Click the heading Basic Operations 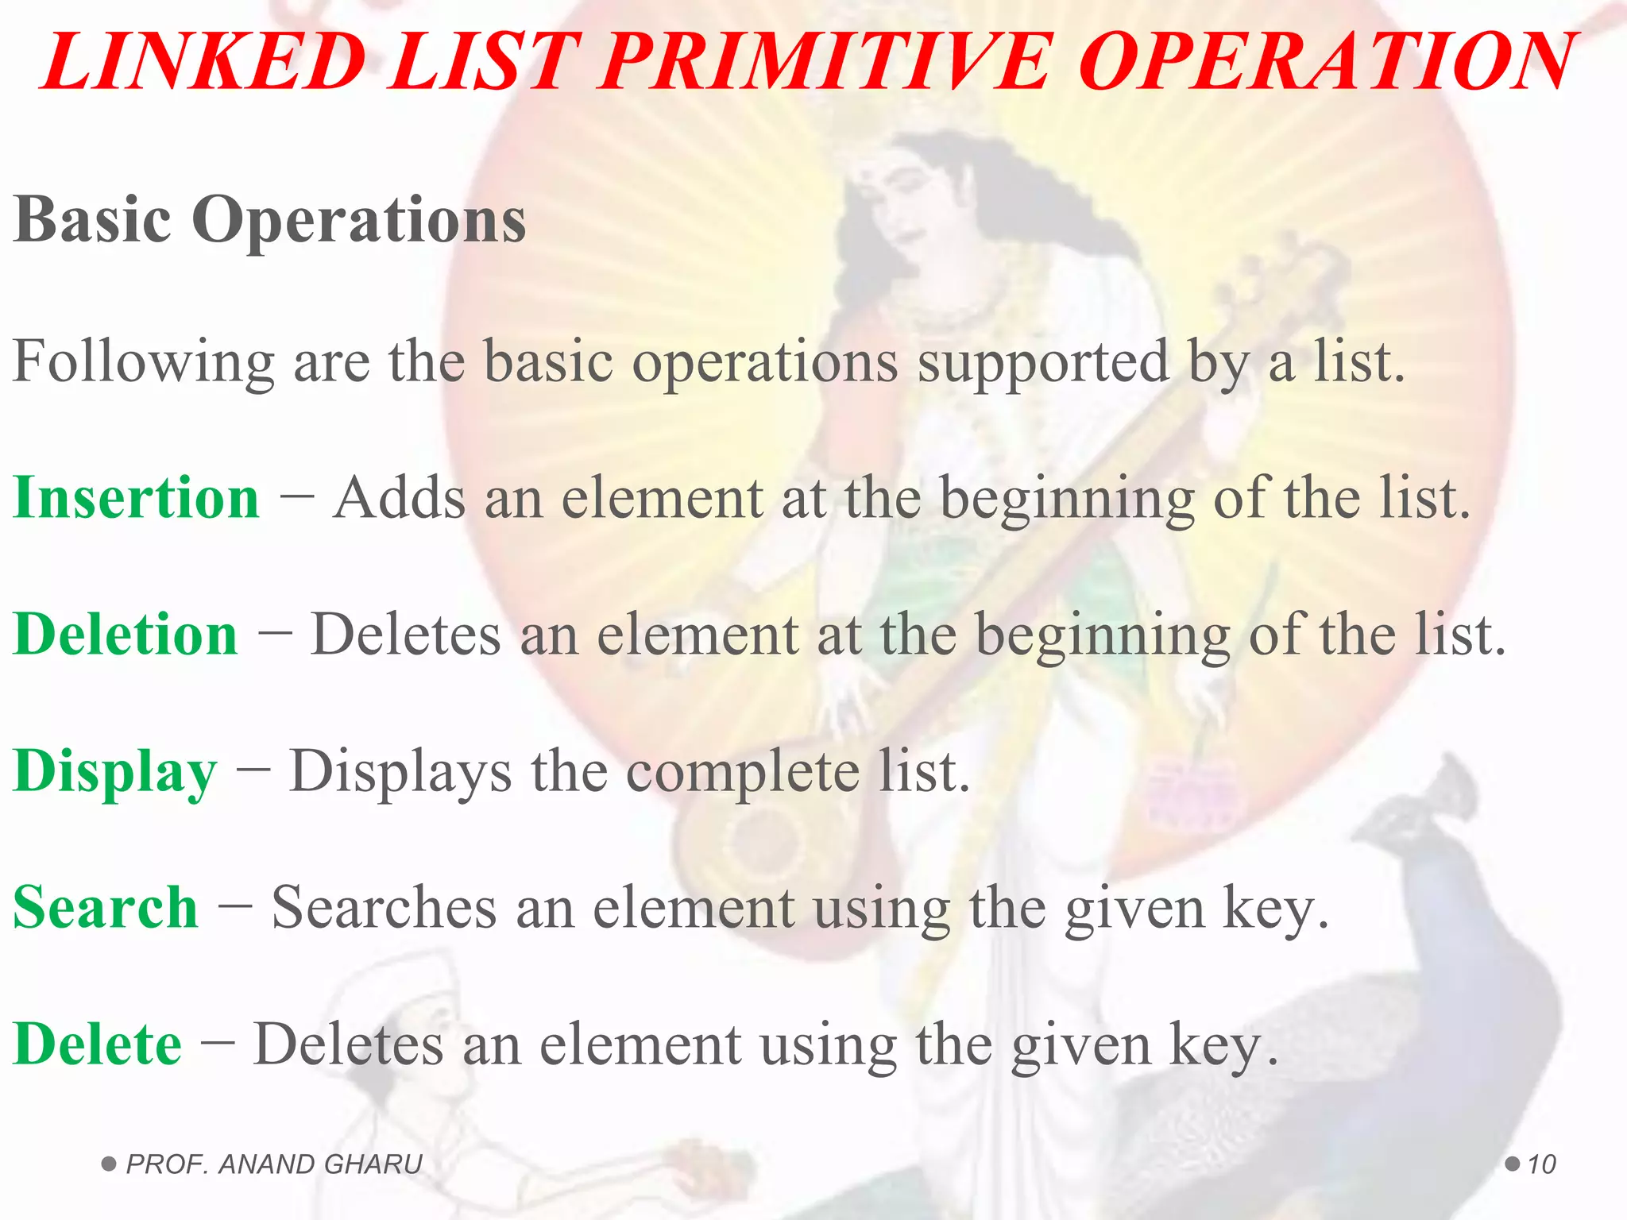click(x=269, y=219)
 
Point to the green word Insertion click(x=137, y=498)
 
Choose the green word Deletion click(x=126, y=635)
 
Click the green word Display click(x=115, y=772)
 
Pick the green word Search click(x=106, y=907)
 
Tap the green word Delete click(x=98, y=1044)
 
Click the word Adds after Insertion click(x=399, y=499)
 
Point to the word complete click(x=743, y=772)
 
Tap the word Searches click(x=385, y=908)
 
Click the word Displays click(x=400, y=772)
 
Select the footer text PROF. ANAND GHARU click(x=274, y=1164)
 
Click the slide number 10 click(x=1541, y=1164)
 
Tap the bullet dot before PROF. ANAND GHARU click(x=110, y=1164)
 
